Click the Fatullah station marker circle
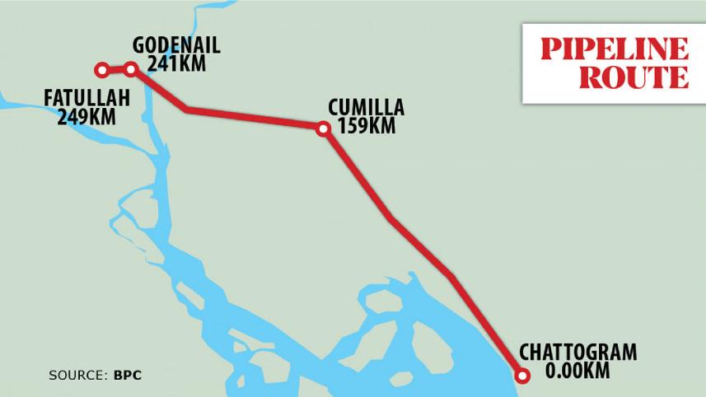coord(101,70)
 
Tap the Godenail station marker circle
coord(130,69)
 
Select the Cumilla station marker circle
coord(323,128)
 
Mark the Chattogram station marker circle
coord(522,377)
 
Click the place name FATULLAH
coord(87,100)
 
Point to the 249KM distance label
coord(86,117)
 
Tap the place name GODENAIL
coord(176,45)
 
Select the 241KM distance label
coord(176,63)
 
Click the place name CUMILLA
coord(366,108)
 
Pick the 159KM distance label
coord(367,126)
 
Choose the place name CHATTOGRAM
coord(577,353)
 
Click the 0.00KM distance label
coord(577,371)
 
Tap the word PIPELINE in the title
coord(615,49)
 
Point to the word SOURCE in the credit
coord(75,376)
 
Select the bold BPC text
coord(128,376)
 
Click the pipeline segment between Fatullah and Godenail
coord(116,69)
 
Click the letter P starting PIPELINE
coord(551,49)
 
